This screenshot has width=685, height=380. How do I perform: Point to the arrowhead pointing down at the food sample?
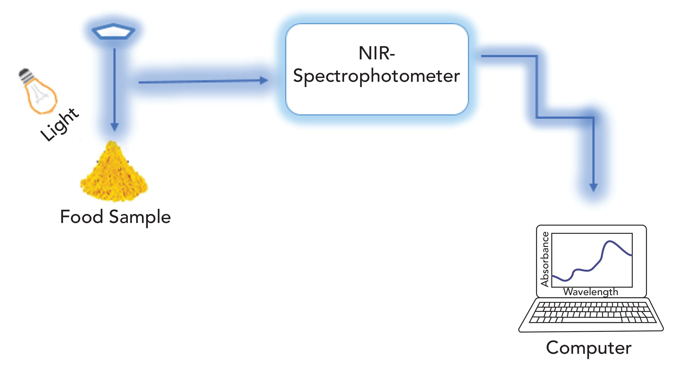point(114,127)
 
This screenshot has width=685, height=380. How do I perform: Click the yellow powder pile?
point(114,174)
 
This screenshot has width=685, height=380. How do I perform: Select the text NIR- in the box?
point(377,53)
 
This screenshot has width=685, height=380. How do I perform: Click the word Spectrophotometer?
point(377,76)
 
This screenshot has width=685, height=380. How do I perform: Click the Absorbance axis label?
point(545,259)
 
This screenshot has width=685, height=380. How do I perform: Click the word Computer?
point(589,348)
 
